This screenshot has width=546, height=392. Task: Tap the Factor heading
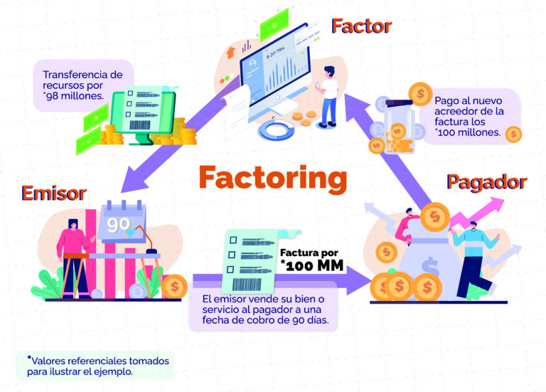(x=361, y=27)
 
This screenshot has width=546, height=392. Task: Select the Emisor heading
(x=54, y=194)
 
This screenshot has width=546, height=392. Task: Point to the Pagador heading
(x=486, y=182)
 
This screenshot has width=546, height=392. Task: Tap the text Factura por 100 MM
(x=313, y=261)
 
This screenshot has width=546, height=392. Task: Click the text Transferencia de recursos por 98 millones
(x=73, y=85)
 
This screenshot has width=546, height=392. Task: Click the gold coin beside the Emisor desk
(x=174, y=287)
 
